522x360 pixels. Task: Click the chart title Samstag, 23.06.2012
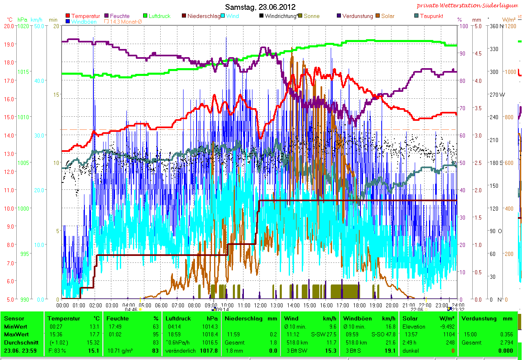coord(260,7)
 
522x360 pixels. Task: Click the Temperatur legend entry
coord(85,16)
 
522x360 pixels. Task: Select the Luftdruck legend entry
coord(159,16)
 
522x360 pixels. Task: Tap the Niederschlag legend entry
coord(203,16)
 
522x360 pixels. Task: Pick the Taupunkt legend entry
coord(431,16)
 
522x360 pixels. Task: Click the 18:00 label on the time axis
coord(359,305)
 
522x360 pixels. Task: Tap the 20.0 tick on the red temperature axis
coord(9,26)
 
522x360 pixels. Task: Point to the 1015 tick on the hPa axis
coord(23,72)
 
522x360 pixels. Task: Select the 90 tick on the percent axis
coord(462,53)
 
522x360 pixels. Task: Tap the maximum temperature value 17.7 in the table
coord(93,334)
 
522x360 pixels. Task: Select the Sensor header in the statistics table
coord(14,318)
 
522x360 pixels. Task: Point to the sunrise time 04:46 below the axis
coord(130,309)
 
